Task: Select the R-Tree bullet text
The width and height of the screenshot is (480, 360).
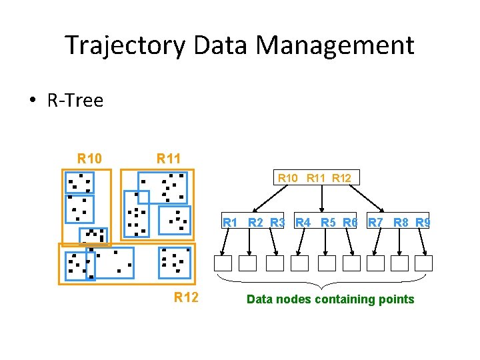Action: tap(75, 101)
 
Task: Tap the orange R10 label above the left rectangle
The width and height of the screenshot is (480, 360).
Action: tap(90, 159)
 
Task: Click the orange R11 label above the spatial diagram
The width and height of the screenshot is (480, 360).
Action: tap(169, 159)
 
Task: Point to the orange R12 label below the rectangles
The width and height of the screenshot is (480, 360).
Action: tap(186, 297)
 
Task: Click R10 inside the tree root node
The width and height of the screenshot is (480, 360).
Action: tap(289, 178)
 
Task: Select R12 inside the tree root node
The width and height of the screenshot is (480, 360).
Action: tap(342, 178)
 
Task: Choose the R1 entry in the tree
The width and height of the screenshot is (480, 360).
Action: tap(231, 222)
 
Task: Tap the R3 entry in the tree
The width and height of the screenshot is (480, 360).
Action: tap(278, 222)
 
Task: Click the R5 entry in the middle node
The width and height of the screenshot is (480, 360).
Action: tap(327, 222)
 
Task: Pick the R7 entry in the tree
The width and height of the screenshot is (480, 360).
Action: tap(375, 222)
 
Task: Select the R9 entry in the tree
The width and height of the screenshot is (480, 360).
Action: tap(423, 222)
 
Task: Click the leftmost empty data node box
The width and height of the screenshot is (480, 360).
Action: tap(223, 263)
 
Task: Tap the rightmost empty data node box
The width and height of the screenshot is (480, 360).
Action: tap(424, 263)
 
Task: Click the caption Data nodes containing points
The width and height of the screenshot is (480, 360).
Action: tap(330, 299)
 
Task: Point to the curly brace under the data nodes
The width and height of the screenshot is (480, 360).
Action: tap(321, 281)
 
